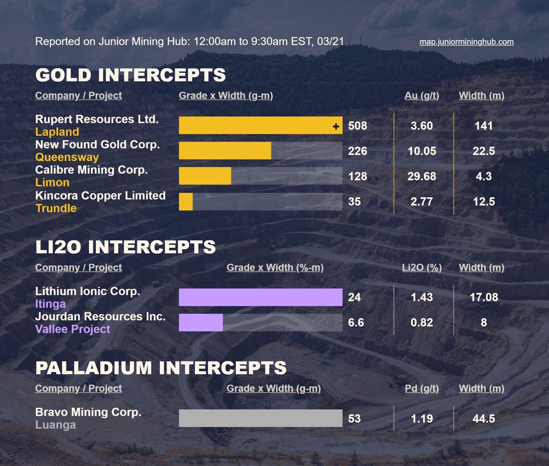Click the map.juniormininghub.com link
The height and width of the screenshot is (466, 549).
(466, 42)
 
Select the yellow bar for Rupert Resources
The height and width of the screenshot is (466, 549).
(256, 125)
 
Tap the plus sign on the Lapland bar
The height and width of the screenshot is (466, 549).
(336, 126)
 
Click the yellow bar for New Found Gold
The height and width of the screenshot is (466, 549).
(225, 151)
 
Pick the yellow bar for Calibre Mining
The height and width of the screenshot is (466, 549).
(205, 176)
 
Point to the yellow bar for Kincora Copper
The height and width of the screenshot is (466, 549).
(186, 202)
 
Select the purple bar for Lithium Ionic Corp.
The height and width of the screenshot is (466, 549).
(260, 297)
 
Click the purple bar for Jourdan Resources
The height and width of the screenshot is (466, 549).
(201, 322)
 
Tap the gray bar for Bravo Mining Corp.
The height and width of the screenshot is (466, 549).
(260, 418)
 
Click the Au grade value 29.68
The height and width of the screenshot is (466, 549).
(422, 176)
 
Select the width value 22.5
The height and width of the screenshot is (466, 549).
(483, 151)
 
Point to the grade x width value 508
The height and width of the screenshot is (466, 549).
(357, 126)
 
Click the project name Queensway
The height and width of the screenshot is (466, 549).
(67, 157)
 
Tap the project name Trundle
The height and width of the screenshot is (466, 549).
(56, 208)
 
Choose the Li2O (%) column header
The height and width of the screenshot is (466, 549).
(422, 268)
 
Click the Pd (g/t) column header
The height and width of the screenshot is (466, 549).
(422, 388)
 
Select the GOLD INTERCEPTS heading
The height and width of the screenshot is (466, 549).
(130, 75)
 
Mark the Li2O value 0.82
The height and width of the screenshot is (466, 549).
(422, 322)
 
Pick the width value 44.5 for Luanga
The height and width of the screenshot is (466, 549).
(483, 419)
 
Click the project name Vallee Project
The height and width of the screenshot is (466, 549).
(73, 329)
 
